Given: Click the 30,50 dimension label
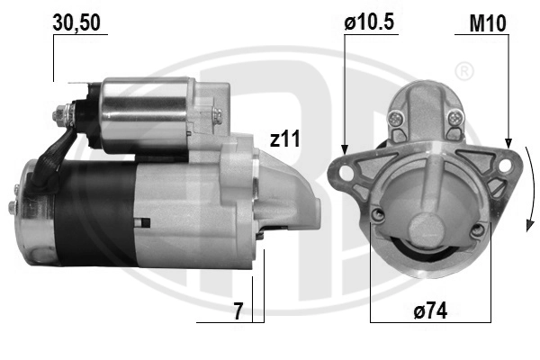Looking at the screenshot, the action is point(76,23).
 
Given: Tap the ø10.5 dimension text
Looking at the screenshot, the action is point(369,22).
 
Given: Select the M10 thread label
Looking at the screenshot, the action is point(488,23).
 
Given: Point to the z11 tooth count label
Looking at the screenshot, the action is point(284,139).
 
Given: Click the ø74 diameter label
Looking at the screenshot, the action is point(430,310).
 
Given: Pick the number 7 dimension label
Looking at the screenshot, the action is point(238,311).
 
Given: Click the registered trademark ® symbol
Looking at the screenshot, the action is point(464,71).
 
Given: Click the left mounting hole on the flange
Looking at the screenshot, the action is point(346,172).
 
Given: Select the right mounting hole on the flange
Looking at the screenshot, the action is point(504,166).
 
